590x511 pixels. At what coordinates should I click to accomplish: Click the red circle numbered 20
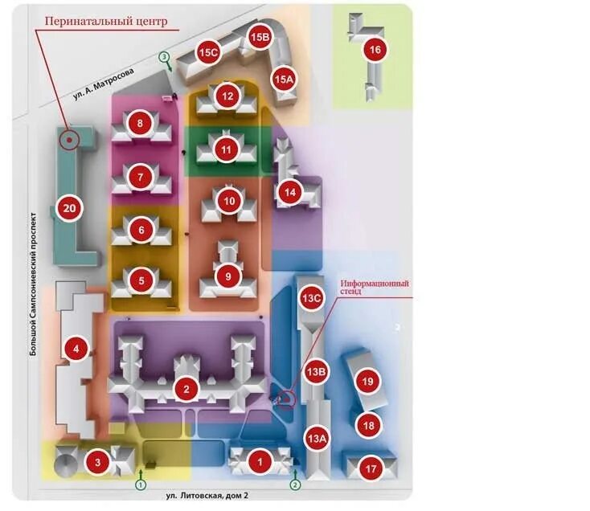(69, 209)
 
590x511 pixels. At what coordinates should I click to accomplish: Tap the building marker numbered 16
(375, 50)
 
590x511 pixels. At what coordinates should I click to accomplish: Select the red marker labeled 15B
(260, 37)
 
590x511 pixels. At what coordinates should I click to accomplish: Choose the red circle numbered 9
(228, 276)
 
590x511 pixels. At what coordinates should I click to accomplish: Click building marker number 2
(186, 390)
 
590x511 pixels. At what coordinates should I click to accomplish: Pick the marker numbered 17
(371, 468)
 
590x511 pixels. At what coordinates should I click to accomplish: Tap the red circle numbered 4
(76, 349)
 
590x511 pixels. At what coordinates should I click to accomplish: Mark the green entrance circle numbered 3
(164, 57)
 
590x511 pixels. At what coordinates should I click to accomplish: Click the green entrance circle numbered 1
(141, 484)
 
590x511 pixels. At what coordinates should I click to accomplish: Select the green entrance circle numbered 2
(295, 484)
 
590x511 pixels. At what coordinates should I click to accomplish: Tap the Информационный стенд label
(375, 288)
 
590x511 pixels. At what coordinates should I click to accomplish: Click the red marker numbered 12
(228, 96)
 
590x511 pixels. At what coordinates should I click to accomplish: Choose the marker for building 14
(289, 192)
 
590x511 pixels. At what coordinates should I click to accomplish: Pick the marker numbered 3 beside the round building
(97, 462)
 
